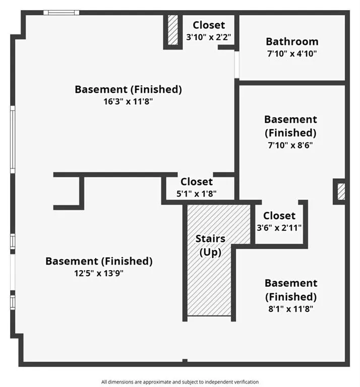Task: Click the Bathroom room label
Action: (x=292, y=41)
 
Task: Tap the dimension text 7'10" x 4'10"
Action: (x=292, y=53)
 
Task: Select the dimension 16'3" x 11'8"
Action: (x=128, y=101)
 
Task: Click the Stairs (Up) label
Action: (x=210, y=245)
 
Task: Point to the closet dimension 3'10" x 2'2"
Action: (x=209, y=37)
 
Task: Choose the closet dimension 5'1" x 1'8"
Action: (x=197, y=193)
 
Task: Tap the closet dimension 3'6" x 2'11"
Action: (x=279, y=228)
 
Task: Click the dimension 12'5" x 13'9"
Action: (x=99, y=273)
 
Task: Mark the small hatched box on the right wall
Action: (x=341, y=191)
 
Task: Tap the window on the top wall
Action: (x=61, y=12)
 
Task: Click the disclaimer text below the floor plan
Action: (x=180, y=382)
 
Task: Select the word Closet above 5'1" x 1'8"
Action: (x=197, y=182)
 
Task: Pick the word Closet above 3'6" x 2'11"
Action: (x=279, y=216)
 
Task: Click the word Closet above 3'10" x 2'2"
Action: (x=209, y=25)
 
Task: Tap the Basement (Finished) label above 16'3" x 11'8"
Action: (x=128, y=89)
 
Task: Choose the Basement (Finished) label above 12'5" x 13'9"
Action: (x=99, y=261)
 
